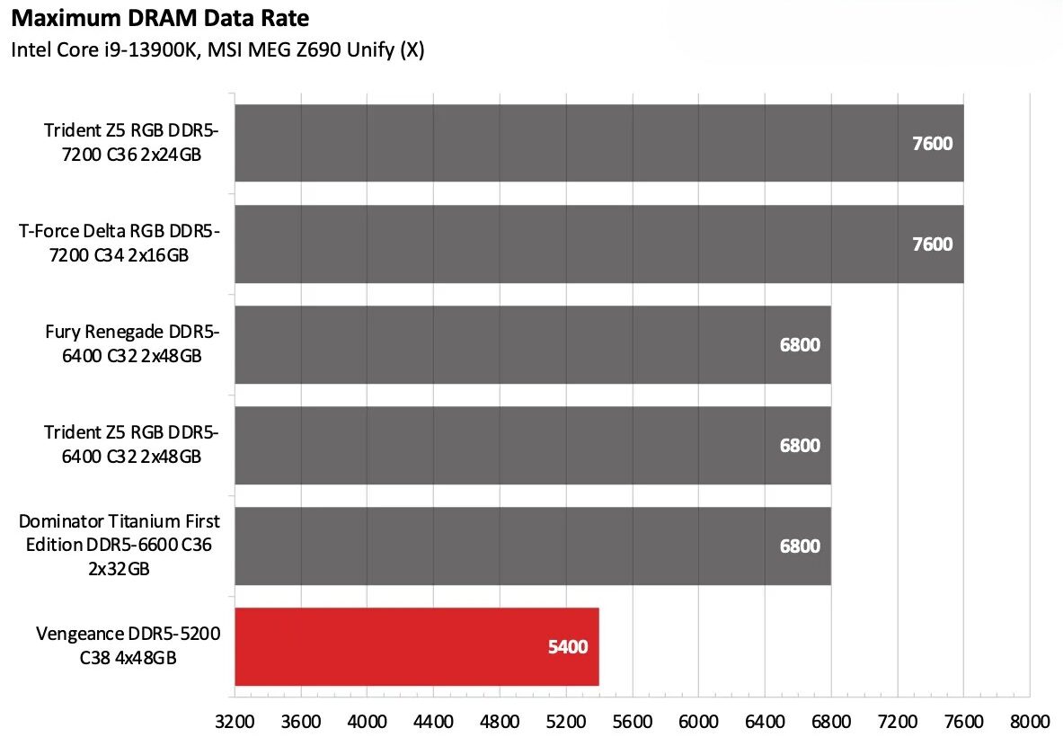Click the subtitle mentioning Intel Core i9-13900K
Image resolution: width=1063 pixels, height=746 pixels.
pos(217,50)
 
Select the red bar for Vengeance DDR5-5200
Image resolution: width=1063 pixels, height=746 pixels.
pos(416,647)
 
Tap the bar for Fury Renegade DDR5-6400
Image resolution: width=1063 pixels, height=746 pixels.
pos(532,345)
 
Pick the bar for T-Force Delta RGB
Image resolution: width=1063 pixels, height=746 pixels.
pos(598,244)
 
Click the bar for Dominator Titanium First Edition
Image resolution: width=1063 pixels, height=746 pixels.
pos(532,546)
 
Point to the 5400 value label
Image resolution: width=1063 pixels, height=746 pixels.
pos(568,647)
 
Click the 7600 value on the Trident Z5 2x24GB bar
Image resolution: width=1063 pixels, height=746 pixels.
pos(932,144)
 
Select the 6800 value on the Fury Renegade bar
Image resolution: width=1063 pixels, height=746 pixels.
pos(800,345)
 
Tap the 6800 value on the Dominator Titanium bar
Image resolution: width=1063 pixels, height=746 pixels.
pos(800,546)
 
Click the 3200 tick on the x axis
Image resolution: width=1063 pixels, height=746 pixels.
pos(235,722)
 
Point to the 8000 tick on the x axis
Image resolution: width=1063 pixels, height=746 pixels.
pos(1030,722)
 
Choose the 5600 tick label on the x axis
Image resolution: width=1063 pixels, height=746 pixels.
pos(633,722)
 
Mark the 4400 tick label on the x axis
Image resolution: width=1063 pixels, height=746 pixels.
pos(433,722)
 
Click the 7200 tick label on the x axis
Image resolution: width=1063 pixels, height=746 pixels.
pos(898,722)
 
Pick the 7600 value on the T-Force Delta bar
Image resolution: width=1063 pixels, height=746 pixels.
pos(932,244)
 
